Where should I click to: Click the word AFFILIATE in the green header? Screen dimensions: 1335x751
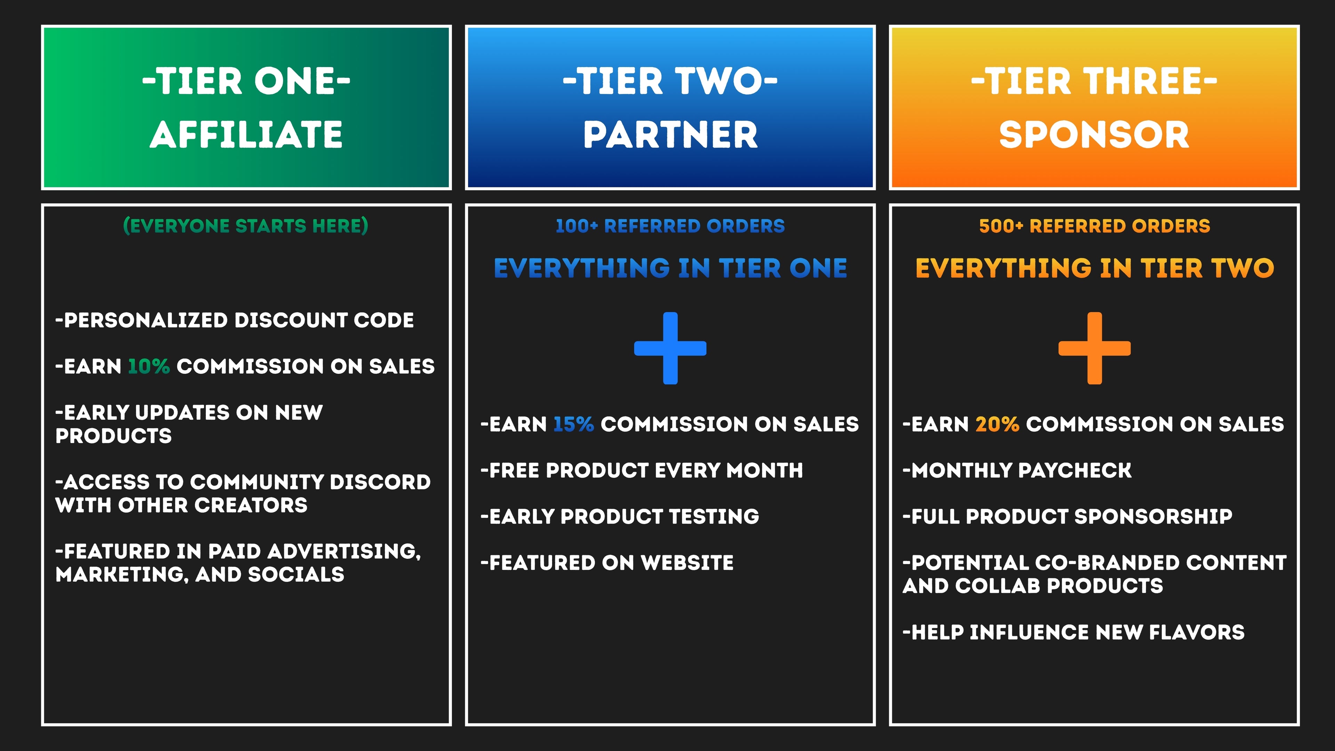[x=246, y=135]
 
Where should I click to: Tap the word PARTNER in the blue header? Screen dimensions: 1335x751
[x=671, y=135]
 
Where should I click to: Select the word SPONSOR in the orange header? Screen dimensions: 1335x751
[x=1094, y=135]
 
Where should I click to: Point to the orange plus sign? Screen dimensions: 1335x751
[x=1094, y=348]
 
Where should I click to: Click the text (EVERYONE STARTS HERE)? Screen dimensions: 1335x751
[x=246, y=226]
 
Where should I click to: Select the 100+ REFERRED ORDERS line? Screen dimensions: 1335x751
[x=670, y=226]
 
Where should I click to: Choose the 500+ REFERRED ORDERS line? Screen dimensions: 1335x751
[x=1094, y=226]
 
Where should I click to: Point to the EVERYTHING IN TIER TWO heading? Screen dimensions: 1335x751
[x=1094, y=268]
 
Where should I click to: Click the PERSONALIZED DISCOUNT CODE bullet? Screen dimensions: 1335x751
[x=235, y=320]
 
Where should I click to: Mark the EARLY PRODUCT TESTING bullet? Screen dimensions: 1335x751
[x=620, y=517]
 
